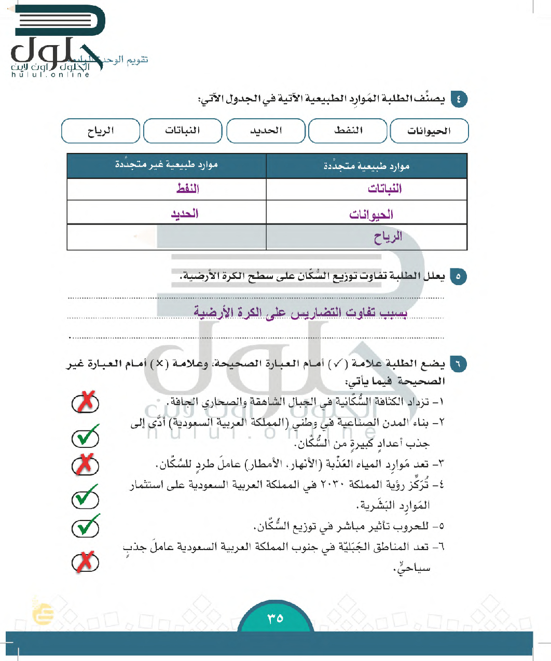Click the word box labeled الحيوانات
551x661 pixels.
(429, 131)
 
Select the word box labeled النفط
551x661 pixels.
(348, 131)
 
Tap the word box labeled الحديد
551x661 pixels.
(266, 131)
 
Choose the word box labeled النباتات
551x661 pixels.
(183, 131)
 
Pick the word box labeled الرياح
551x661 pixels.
(101, 131)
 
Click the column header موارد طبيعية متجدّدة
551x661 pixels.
(366, 166)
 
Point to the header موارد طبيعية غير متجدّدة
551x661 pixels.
(167, 165)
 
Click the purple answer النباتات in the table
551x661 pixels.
(384, 189)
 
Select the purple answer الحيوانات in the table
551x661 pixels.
(371, 214)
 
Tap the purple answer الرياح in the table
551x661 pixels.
(388, 237)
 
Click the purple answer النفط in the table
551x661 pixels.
(187, 189)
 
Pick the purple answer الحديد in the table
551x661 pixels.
(185, 214)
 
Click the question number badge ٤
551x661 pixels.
(459, 99)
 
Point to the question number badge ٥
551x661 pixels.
(458, 276)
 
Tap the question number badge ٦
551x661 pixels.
(458, 364)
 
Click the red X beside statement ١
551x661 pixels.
(86, 402)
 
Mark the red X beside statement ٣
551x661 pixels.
(85, 465)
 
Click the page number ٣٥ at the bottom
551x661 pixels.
(275, 618)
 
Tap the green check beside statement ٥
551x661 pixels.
(86, 527)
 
